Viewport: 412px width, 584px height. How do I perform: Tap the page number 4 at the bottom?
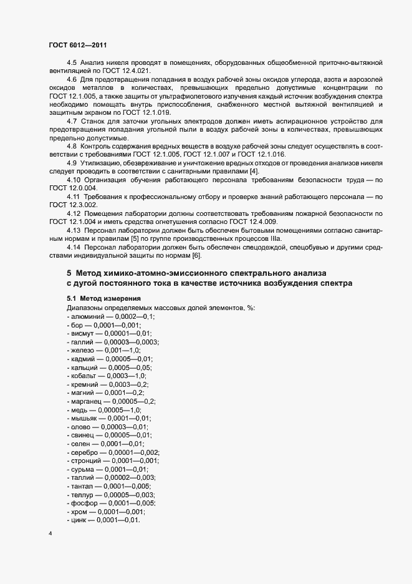click(x=50, y=534)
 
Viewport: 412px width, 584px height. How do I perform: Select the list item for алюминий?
click(x=110, y=316)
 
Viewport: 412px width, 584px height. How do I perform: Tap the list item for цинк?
click(x=103, y=520)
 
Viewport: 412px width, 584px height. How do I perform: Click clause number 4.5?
click(x=72, y=62)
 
